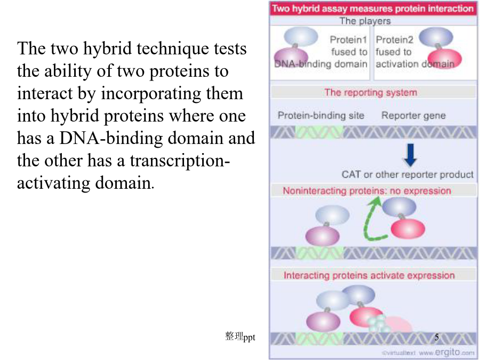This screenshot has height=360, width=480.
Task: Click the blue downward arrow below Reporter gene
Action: (x=410, y=155)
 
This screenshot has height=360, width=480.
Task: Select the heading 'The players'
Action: (x=365, y=21)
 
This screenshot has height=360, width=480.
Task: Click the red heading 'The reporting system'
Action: (x=371, y=92)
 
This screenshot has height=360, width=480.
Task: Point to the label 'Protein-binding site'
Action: (x=321, y=115)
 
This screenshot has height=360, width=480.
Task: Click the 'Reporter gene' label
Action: (x=413, y=115)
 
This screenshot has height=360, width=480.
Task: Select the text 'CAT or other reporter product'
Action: (x=407, y=174)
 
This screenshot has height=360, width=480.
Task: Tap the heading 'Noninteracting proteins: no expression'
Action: (x=367, y=191)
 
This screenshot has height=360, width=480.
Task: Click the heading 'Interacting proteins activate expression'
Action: (x=369, y=275)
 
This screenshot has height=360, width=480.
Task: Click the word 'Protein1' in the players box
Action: (x=348, y=39)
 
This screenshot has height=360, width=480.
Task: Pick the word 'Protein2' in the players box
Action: (x=394, y=39)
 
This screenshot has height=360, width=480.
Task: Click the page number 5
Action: (x=436, y=337)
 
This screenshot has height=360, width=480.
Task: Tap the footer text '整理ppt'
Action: (x=240, y=337)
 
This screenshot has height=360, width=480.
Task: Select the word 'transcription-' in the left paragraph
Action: (x=180, y=161)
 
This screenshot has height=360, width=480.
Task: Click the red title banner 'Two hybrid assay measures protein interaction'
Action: (x=373, y=8)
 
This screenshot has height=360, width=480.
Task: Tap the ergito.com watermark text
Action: (x=428, y=353)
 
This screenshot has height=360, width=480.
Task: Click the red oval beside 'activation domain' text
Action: (x=444, y=58)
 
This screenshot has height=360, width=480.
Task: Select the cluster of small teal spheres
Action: (x=379, y=324)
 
